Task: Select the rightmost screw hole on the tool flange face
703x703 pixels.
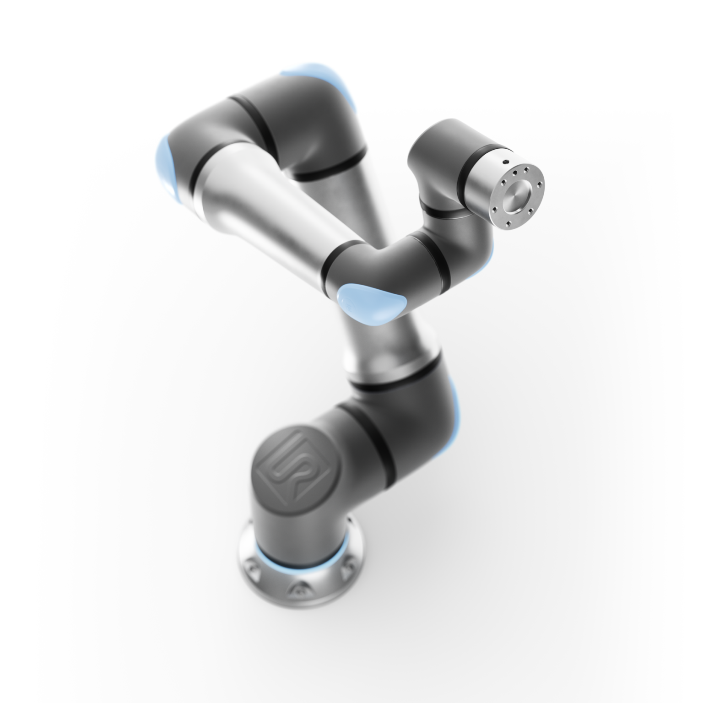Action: tap(540, 185)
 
